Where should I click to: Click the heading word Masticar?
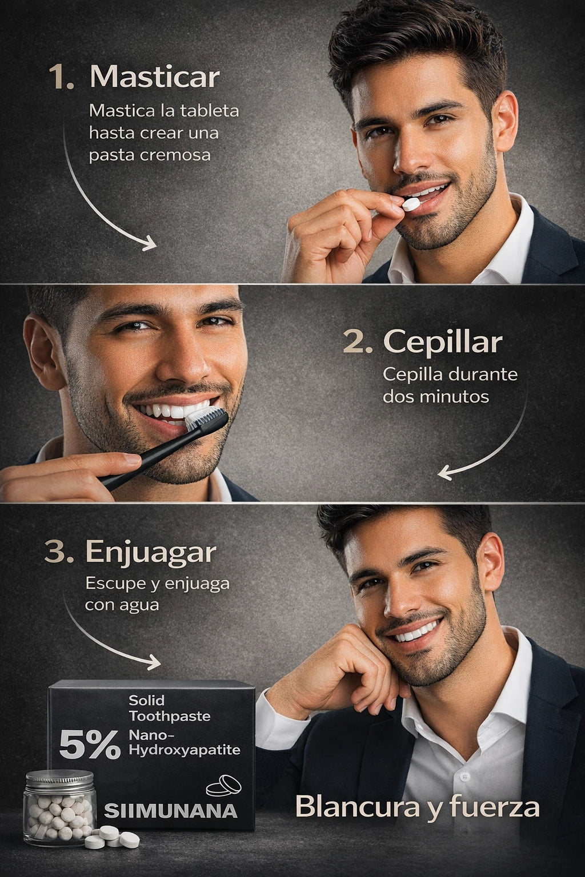(x=154, y=77)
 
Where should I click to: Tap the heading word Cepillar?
(x=442, y=342)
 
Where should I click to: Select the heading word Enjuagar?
(x=151, y=553)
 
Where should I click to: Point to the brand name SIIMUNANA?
(x=170, y=810)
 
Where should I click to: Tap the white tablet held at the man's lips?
(x=411, y=204)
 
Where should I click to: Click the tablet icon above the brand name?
(x=224, y=786)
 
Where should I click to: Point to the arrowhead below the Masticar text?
(x=150, y=243)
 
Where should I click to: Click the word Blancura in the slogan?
(x=356, y=807)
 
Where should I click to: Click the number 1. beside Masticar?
(x=62, y=77)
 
